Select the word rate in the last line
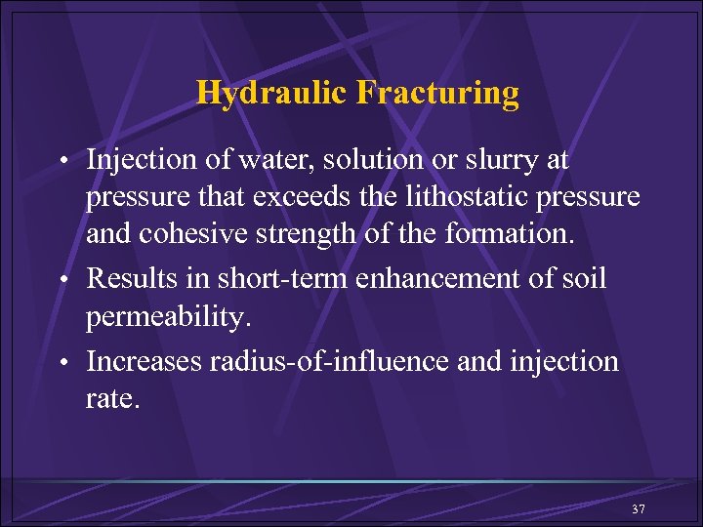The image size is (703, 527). (111, 400)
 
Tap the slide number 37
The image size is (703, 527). (639, 509)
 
